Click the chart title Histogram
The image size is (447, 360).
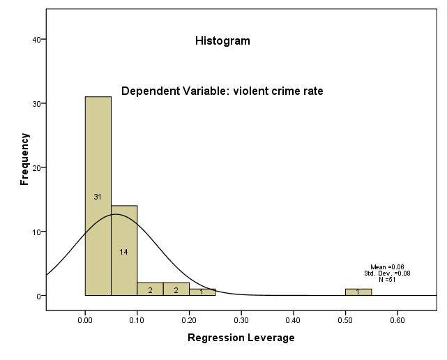pyautogui.click(x=222, y=40)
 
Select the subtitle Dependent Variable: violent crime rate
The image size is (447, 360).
pyautogui.click(x=222, y=91)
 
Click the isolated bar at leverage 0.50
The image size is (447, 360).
pyautogui.click(x=358, y=292)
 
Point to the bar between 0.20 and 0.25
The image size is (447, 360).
pyautogui.click(x=202, y=292)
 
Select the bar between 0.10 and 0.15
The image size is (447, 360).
pyautogui.click(x=150, y=289)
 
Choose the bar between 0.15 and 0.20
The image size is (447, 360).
pyautogui.click(x=176, y=289)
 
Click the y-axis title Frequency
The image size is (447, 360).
pyautogui.click(x=25, y=159)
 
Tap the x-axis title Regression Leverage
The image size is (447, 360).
pyautogui.click(x=241, y=338)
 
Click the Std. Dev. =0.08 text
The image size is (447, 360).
pyautogui.click(x=387, y=273)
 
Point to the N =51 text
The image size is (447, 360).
pyautogui.click(x=386, y=279)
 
